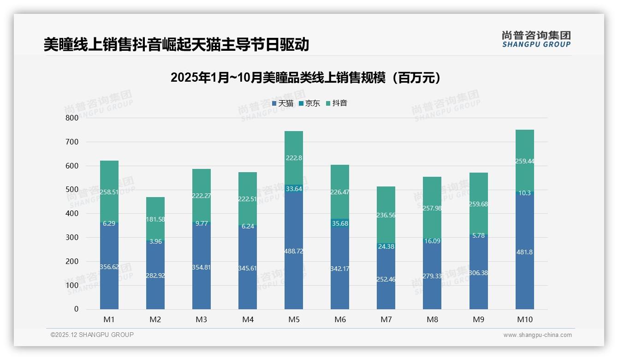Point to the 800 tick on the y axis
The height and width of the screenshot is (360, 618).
72,118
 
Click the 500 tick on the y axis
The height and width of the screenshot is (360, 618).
72,190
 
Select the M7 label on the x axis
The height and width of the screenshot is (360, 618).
386,319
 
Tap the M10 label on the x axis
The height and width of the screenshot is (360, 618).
524,319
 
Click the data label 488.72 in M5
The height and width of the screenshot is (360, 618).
294,251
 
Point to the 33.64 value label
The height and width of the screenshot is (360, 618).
294,189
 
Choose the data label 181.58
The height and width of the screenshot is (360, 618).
155,219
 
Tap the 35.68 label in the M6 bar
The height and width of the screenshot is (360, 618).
340,223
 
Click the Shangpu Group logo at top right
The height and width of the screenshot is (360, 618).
536,39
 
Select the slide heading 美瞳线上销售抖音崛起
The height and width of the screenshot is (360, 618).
176,45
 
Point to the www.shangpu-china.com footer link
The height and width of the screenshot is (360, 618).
537,335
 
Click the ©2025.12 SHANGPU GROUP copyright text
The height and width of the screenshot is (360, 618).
92,335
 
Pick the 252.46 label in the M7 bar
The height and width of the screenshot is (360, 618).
386,279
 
